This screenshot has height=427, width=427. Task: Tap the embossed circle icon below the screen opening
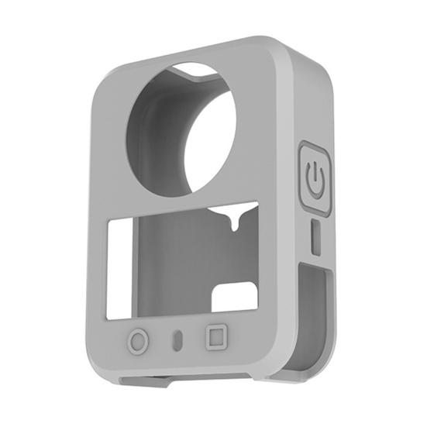(137, 341)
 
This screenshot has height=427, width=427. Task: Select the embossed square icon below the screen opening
(215, 337)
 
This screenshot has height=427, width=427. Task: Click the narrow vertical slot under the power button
(315, 236)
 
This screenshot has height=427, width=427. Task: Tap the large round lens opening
(182, 128)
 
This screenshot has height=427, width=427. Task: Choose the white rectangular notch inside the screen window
(234, 298)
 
